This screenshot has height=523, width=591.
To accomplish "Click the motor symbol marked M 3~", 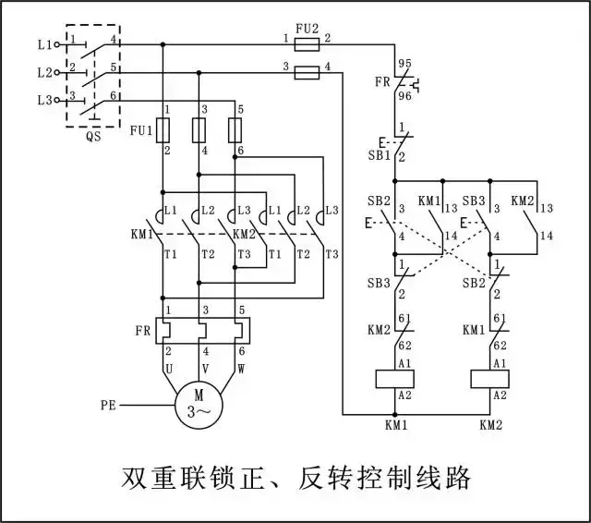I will tap(199, 405).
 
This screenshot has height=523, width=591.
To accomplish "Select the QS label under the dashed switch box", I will tap(93, 135).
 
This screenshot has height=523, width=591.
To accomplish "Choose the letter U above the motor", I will tap(167, 368).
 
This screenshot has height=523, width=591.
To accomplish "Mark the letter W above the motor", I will tap(240, 368).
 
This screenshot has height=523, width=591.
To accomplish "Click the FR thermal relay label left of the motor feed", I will tap(143, 330).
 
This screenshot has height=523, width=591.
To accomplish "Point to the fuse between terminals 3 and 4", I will tap(306, 72).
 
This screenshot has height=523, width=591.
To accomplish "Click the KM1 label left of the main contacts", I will tap(143, 234).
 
